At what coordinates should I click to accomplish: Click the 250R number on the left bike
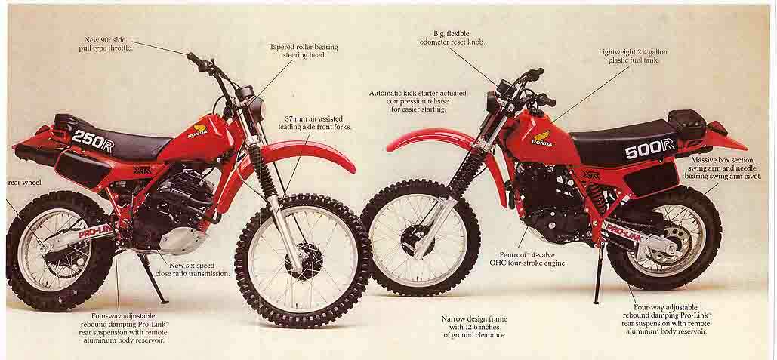tap(92, 140)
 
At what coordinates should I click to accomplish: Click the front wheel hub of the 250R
tap(304, 260)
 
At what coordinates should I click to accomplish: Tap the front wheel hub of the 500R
tap(418, 239)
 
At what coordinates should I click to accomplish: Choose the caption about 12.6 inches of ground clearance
tap(473, 327)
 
